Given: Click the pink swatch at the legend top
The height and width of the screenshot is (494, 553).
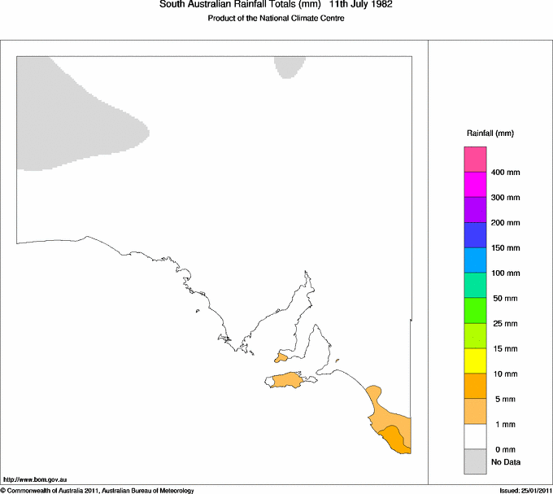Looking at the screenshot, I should tap(475, 159).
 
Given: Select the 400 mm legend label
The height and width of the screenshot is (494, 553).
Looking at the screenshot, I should tap(505, 173).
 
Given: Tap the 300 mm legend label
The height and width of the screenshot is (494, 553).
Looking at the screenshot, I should tap(505, 198).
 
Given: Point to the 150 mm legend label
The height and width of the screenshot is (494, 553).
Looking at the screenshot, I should tap(505, 248).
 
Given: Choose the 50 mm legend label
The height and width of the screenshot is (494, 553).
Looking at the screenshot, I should tap(503, 299).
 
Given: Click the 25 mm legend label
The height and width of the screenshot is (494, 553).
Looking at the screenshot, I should tap(503, 324).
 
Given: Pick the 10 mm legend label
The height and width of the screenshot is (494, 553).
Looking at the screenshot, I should tap(503, 374).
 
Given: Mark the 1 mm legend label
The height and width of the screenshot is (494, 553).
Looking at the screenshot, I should tap(500, 425).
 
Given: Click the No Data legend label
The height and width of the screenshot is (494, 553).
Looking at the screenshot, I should tap(505, 462).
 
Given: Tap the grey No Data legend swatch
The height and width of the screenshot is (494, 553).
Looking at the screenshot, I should tap(475, 462).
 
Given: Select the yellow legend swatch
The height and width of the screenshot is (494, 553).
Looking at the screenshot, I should tap(475, 361).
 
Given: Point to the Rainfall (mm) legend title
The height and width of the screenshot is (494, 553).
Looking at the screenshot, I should tap(490, 133).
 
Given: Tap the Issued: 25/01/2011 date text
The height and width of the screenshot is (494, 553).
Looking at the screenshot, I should tap(525, 491).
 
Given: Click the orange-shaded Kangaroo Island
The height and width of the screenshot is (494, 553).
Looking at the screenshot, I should tap(286, 380).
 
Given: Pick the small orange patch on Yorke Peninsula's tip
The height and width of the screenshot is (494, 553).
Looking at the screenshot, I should tap(281, 356).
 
